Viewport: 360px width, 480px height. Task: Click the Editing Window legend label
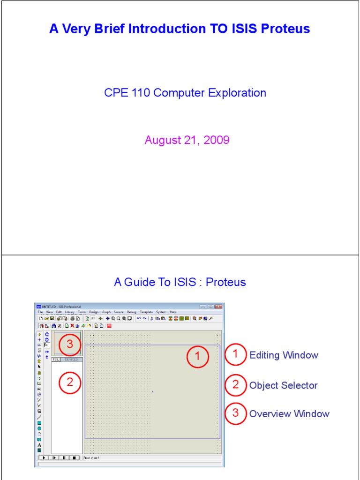point(284,355)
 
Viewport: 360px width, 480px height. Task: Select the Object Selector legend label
point(283,385)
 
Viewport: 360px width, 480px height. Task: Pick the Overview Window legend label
point(289,414)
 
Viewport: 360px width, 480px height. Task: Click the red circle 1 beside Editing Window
point(236,355)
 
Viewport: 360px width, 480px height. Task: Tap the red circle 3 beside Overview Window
point(236,413)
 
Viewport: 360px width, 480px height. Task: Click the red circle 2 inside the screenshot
point(70,383)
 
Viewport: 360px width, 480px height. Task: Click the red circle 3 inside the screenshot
point(70,344)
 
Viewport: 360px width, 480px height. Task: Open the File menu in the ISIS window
point(40,312)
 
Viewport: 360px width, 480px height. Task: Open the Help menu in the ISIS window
point(173,312)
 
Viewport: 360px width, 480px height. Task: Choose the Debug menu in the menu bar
point(131,312)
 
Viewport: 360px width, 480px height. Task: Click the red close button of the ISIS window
point(218,307)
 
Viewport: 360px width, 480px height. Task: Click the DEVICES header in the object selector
point(71,360)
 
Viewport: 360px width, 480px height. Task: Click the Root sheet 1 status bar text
point(91,458)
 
